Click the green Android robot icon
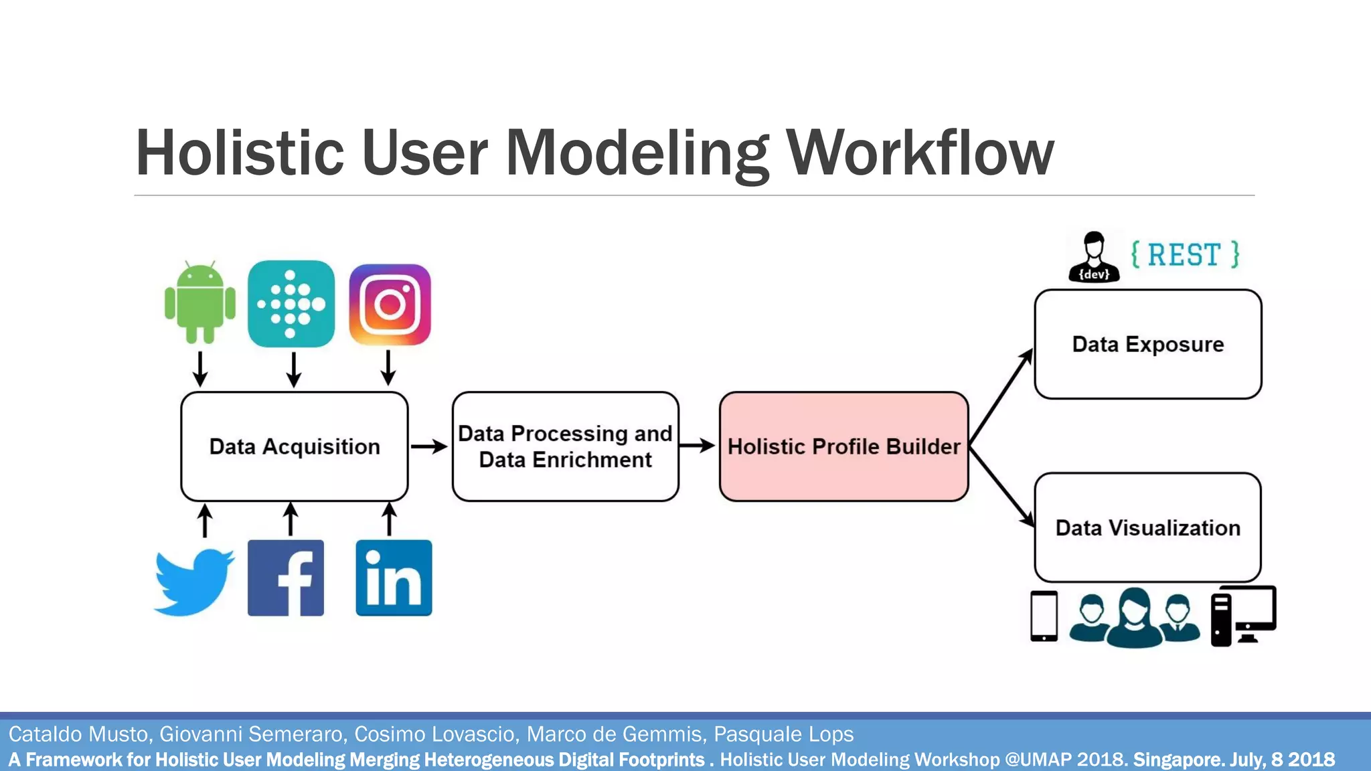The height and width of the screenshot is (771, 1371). (199, 303)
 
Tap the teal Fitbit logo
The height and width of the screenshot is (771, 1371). (291, 304)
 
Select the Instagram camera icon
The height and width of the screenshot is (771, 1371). (390, 305)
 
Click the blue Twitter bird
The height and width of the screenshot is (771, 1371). (194, 581)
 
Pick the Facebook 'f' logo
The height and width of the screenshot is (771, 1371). (286, 578)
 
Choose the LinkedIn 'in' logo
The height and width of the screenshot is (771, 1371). (394, 578)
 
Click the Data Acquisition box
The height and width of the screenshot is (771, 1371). (295, 446)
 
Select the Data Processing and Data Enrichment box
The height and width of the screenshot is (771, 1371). (565, 446)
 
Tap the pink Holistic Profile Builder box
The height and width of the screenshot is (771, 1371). (843, 446)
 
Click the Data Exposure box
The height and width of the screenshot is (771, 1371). (1147, 344)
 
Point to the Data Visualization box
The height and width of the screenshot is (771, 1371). (1147, 527)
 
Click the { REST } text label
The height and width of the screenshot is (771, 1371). (1185, 255)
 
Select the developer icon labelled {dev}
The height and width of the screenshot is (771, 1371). (1094, 257)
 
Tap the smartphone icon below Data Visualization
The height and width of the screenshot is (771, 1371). (1044, 616)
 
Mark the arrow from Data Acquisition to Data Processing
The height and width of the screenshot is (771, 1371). (429, 446)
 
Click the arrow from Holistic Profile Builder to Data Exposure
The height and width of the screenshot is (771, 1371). (1001, 396)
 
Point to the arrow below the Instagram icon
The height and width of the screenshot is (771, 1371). (388, 367)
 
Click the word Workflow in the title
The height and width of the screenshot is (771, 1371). (920, 153)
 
